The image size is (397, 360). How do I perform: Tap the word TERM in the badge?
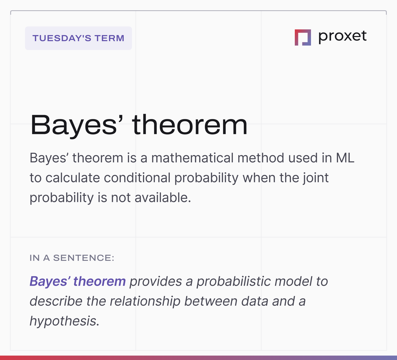coord(110,38)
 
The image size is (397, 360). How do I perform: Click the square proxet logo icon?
coord(303,37)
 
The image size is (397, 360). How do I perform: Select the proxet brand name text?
coord(342,36)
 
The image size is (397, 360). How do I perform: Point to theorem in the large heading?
coord(190,125)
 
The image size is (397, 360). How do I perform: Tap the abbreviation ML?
coord(345,158)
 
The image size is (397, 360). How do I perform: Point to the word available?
coord(163,198)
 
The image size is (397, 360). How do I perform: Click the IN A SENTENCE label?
coord(72,258)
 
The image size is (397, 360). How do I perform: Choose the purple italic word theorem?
coord(100,281)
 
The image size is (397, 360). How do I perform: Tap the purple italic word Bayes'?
coord(50,281)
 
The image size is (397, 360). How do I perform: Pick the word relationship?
coord(145,301)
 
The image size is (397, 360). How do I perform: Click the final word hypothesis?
coord(64,321)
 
